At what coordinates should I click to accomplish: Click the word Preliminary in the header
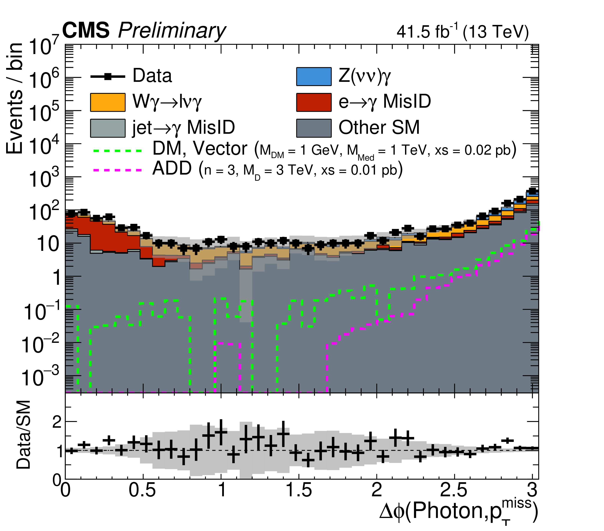click(172, 31)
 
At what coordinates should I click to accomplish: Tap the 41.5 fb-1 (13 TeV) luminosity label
click(463, 31)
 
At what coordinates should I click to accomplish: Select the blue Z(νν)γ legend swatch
click(314, 76)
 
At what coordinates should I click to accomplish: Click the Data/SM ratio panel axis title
click(24, 435)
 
